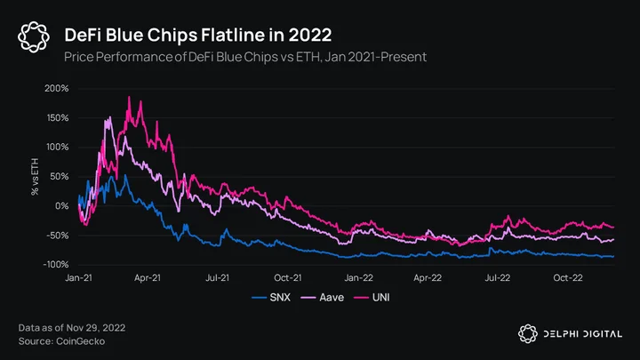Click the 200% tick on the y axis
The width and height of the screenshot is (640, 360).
tap(57, 89)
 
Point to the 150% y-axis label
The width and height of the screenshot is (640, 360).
tap(57, 118)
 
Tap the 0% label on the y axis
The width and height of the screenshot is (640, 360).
tap(61, 206)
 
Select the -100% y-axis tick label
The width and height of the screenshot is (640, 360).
tap(56, 265)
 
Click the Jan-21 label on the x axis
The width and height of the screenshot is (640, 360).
tap(79, 278)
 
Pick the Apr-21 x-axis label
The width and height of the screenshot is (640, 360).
tap(148, 278)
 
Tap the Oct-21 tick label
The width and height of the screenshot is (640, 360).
tap(288, 278)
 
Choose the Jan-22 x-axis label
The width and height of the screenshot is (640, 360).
tap(359, 278)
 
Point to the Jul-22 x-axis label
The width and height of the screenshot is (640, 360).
tap(498, 278)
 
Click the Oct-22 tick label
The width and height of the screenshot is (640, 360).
tap(568, 278)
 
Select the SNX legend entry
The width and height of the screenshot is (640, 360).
tap(271, 298)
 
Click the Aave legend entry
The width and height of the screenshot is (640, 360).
tap(323, 298)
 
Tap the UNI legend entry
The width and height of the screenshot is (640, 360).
tap(372, 298)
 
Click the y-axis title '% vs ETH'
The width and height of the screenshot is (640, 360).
tap(35, 177)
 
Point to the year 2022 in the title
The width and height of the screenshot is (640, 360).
tap(310, 35)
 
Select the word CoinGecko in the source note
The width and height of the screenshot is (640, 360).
tap(80, 341)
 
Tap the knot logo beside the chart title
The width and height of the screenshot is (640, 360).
tap(34, 36)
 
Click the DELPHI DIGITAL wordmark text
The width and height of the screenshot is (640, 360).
tap(583, 334)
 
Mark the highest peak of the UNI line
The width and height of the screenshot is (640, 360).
tap(129, 97)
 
